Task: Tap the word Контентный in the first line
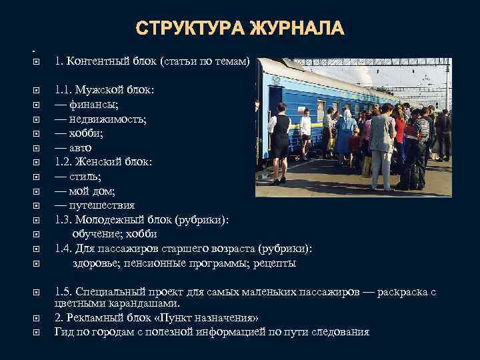(100, 61)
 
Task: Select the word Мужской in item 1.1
(100, 90)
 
